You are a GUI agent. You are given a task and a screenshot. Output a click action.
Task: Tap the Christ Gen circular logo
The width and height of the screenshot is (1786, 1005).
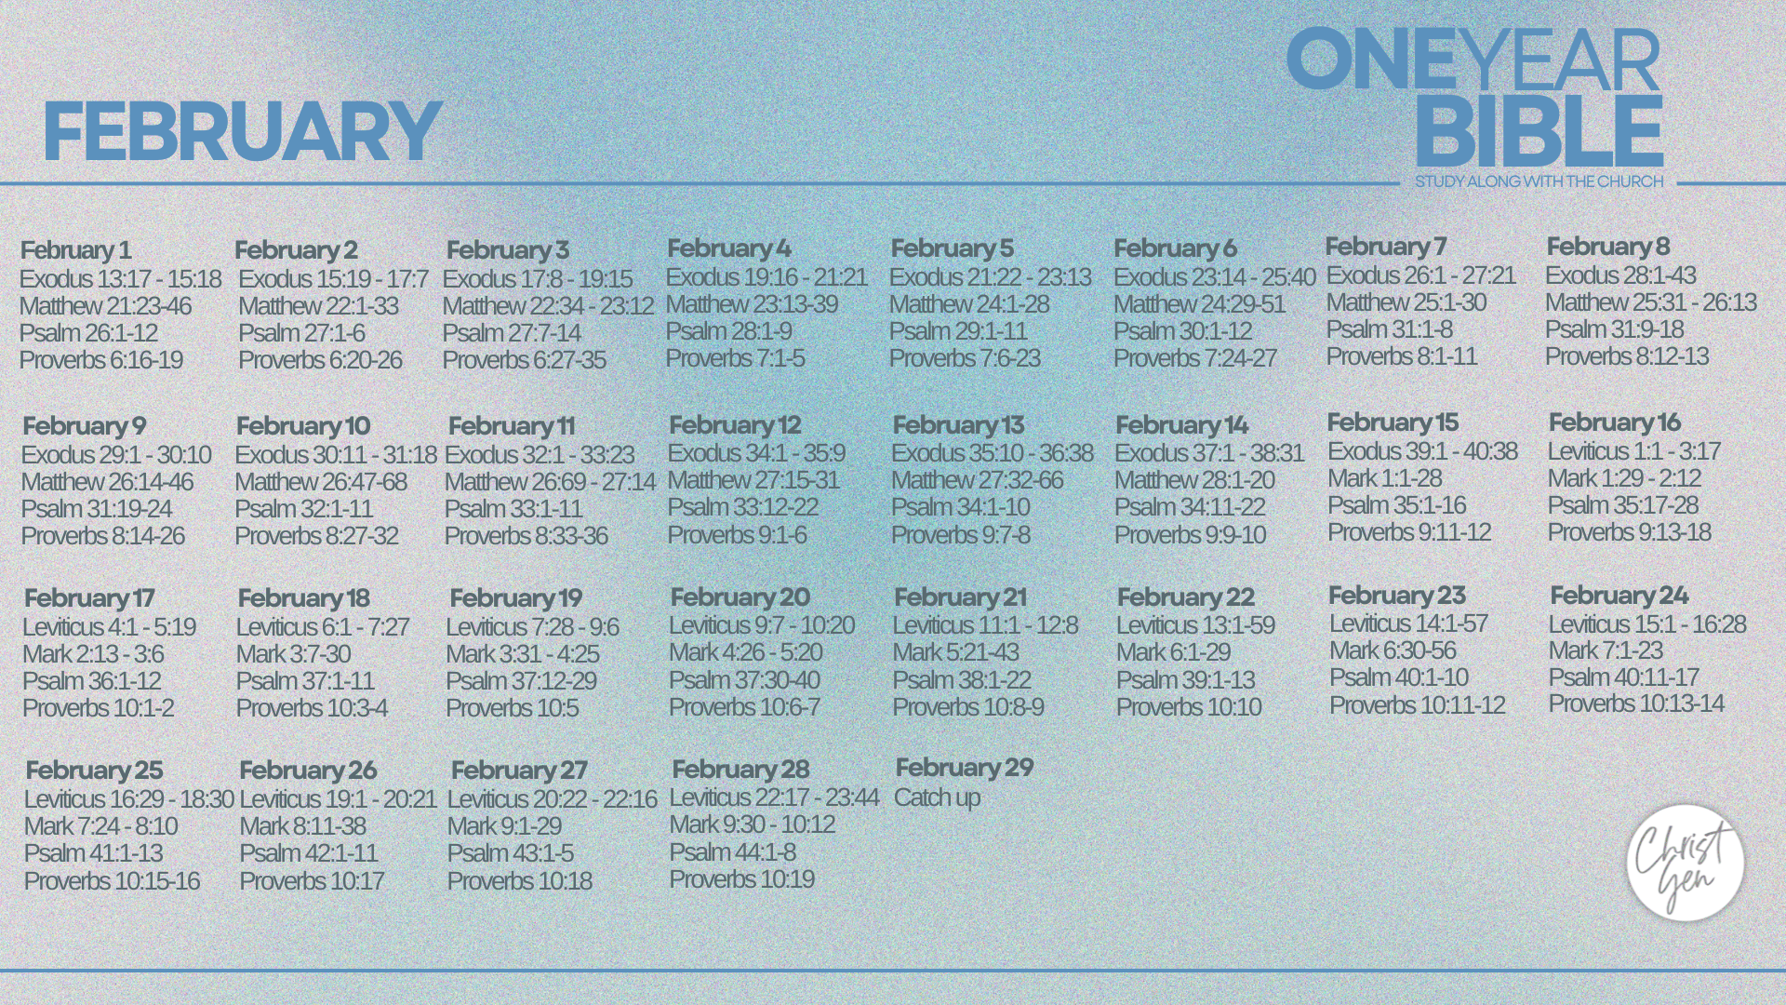(x=1685, y=863)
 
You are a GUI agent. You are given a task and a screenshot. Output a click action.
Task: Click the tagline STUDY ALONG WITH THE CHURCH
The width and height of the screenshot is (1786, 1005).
(x=1539, y=181)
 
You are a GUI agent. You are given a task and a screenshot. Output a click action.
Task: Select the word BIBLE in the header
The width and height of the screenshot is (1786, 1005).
(x=1539, y=131)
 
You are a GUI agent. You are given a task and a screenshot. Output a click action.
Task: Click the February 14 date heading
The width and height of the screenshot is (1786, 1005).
(x=1181, y=425)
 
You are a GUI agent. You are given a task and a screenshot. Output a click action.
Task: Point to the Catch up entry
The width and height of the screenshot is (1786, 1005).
(x=937, y=797)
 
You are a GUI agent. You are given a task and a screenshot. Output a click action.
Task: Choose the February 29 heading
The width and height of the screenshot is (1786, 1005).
(x=965, y=768)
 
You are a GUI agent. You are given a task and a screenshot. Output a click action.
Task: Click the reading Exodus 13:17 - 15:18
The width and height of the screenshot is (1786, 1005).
(x=120, y=279)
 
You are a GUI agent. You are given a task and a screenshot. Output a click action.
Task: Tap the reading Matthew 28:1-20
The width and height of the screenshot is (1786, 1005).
(x=1194, y=480)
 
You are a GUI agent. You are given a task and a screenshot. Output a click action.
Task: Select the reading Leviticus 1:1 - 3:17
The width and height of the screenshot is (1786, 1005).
(x=1633, y=451)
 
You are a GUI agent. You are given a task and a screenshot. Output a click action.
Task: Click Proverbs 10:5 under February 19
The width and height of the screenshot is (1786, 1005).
(x=512, y=708)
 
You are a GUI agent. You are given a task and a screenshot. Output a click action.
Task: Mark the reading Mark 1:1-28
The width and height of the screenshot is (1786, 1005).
(x=1384, y=478)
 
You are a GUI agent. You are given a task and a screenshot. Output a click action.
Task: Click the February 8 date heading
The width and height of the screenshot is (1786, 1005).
(x=1607, y=247)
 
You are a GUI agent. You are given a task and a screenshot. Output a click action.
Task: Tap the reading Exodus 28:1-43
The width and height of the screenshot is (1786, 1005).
(x=1620, y=275)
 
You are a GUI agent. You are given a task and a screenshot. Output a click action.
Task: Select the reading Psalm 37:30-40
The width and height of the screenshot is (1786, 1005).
(x=744, y=680)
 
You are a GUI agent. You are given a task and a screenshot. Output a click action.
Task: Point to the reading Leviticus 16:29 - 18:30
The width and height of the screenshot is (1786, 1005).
(x=128, y=799)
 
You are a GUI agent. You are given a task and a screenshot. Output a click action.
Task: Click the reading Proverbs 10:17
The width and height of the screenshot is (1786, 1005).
(x=312, y=881)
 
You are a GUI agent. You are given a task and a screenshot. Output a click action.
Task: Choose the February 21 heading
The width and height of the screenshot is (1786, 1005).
(x=960, y=597)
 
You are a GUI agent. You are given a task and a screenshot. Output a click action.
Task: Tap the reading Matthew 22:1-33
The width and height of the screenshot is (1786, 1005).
(x=318, y=306)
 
